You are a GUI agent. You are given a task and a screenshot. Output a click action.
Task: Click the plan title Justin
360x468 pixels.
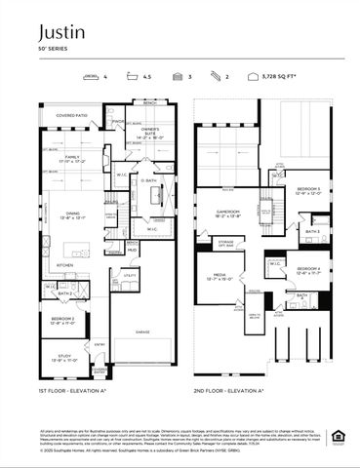[62, 32]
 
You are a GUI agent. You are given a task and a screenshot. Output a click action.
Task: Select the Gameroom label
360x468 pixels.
[227, 211]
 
